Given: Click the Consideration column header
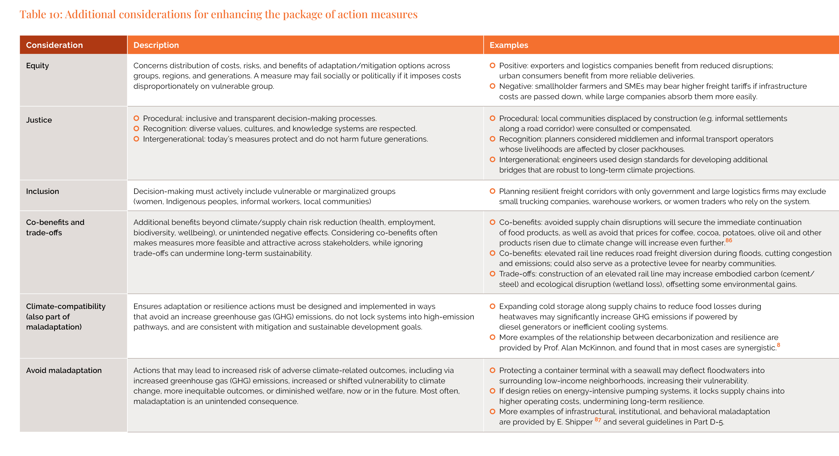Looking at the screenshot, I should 54,45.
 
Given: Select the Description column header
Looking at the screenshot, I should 156,45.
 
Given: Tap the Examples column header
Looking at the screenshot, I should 509,45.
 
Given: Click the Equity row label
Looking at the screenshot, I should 37,66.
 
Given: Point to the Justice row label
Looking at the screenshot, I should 39,120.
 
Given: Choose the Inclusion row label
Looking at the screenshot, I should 42,191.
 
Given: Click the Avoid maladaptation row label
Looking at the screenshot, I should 64,370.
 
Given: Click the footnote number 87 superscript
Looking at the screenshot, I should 598,420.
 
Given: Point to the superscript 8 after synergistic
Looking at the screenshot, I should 778,345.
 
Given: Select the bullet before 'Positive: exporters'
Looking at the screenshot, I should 492,66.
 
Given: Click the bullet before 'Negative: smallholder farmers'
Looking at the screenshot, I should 492,86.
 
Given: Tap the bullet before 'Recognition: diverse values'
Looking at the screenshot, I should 136,128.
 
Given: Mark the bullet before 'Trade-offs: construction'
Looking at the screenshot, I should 492,274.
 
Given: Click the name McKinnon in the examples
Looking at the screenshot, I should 598,348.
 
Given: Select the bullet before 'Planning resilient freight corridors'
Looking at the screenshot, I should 492,191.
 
